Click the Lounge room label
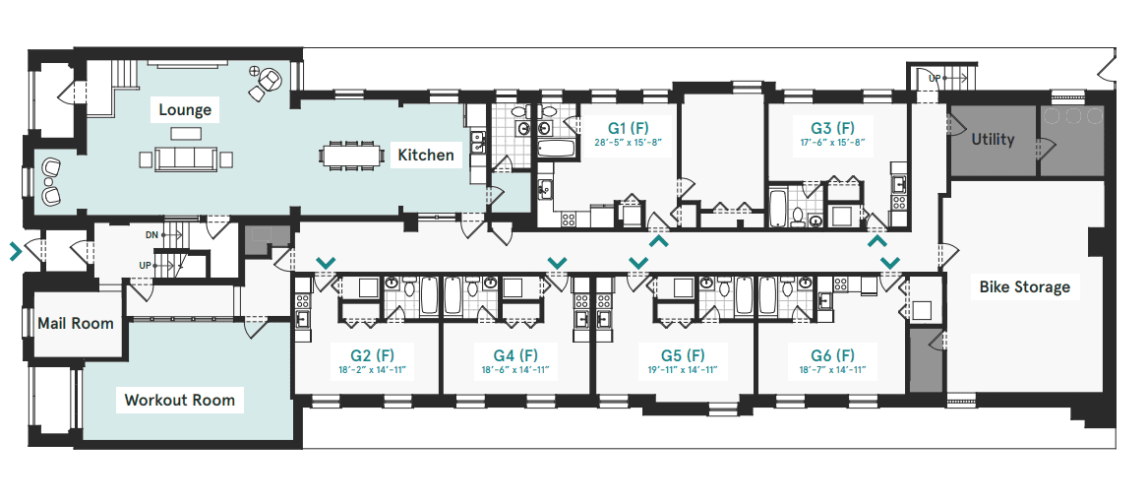(x=185, y=110)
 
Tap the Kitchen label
(x=425, y=156)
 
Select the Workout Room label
(x=179, y=400)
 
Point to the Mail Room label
(x=76, y=323)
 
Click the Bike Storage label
(x=1024, y=286)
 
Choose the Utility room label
(x=993, y=139)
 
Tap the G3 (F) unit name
(x=832, y=128)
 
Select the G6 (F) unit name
(x=832, y=356)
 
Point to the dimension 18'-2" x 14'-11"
(x=372, y=371)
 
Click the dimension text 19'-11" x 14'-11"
(x=683, y=371)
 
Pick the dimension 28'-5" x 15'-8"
(x=628, y=143)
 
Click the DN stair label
(x=151, y=234)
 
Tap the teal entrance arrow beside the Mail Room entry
(x=16, y=252)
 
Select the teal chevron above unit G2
(x=326, y=262)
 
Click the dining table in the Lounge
(x=352, y=156)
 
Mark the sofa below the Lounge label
(x=185, y=158)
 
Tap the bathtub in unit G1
(x=557, y=150)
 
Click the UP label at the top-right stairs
(x=935, y=78)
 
